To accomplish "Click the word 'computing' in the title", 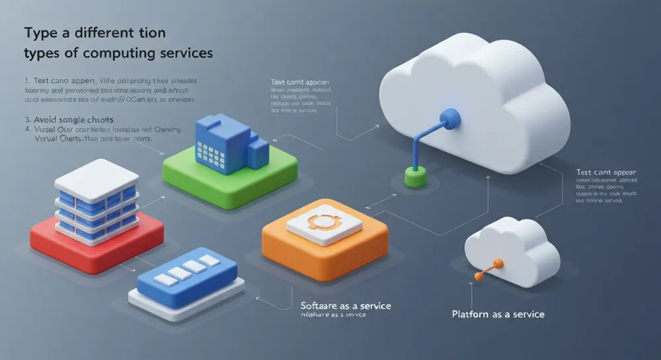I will point(121,52).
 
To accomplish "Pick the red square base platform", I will point(97,235).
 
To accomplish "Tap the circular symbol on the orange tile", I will point(325,222).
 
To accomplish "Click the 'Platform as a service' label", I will point(498,314).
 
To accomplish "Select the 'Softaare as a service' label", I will point(345,306).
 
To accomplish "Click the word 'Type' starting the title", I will point(38,32).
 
